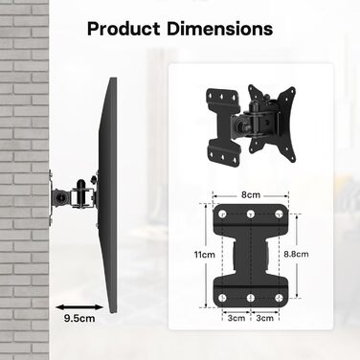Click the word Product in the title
[124, 29]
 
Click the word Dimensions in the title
[220, 29]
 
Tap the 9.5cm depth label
[79, 318]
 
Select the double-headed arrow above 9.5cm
[79, 307]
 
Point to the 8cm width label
[251, 194]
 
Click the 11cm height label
[205, 255]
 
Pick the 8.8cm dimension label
[297, 254]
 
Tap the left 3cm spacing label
[236, 318]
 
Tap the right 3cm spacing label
[265, 318]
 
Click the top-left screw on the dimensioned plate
[222, 214]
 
